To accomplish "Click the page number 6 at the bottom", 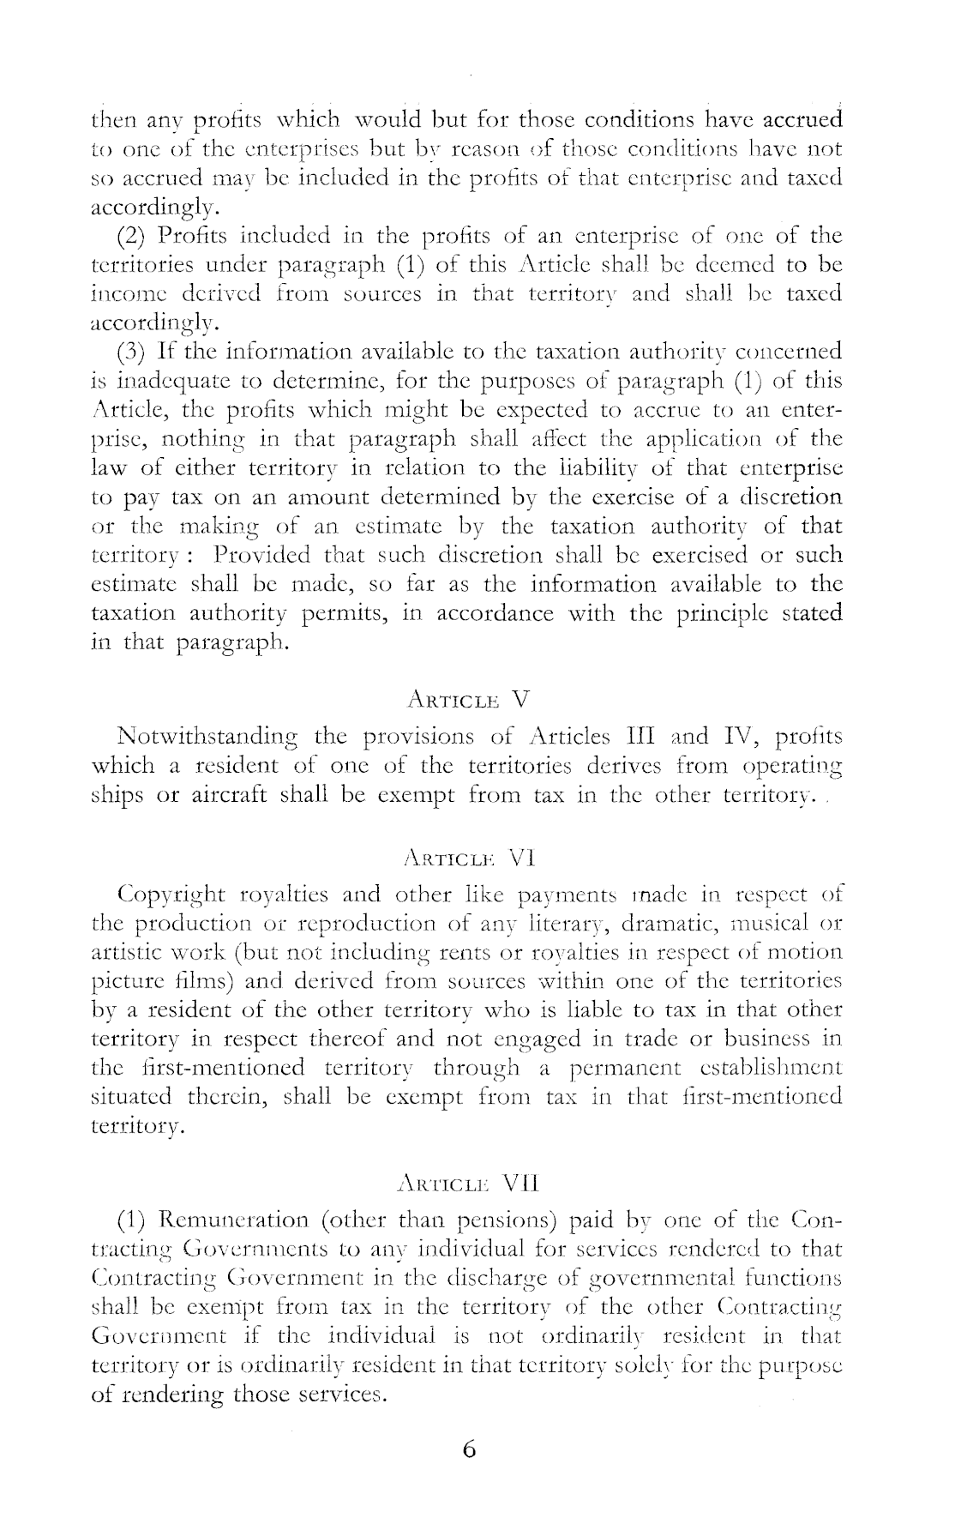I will [468, 1449].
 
